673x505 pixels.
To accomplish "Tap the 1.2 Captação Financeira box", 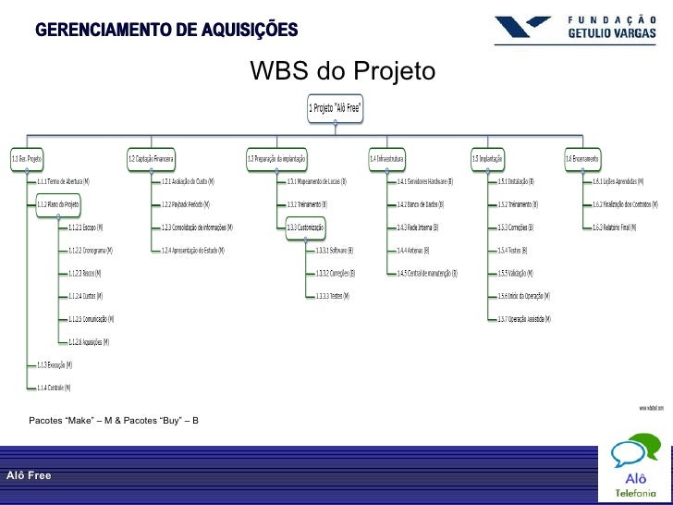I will tap(151, 158).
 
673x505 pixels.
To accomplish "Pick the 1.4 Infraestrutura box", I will tap(387, 158).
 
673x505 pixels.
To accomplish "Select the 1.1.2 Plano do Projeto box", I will tap(57, 204).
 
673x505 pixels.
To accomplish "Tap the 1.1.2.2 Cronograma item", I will tap(88, 250).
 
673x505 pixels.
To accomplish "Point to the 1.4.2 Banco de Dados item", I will tap(421, 204).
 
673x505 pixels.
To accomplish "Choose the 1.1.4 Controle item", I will tap(53, 388).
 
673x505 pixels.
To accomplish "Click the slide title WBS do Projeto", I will tap(341, 72).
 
